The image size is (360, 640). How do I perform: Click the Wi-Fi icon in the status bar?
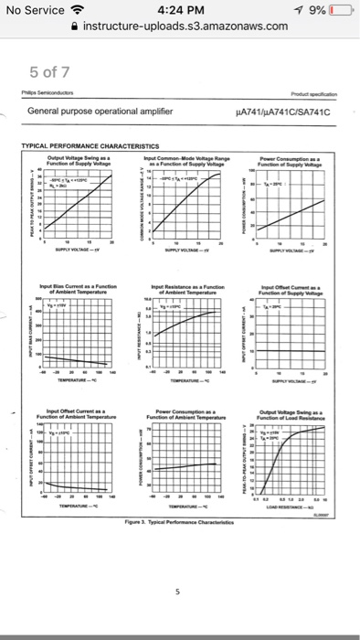click(x=79, y=10)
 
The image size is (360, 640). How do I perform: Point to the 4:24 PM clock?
click(x=180, y=10)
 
